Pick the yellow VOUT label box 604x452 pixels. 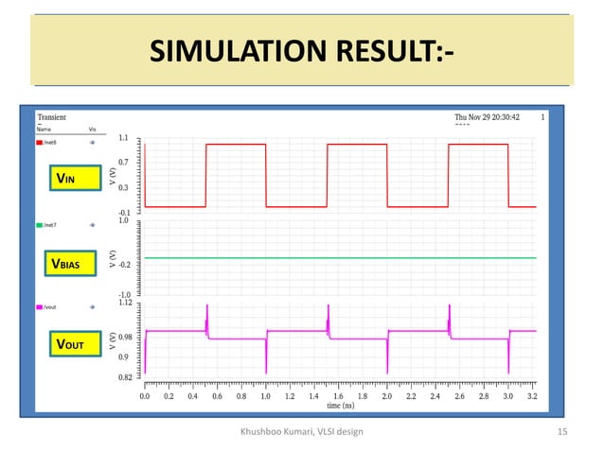(72, 346)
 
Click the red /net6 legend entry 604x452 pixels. (48, 142)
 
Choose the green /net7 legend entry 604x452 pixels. (48, 226)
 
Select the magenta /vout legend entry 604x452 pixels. (49, 307)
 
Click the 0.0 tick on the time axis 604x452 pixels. (145, 397)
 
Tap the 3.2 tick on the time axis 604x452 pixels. (532, 397)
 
